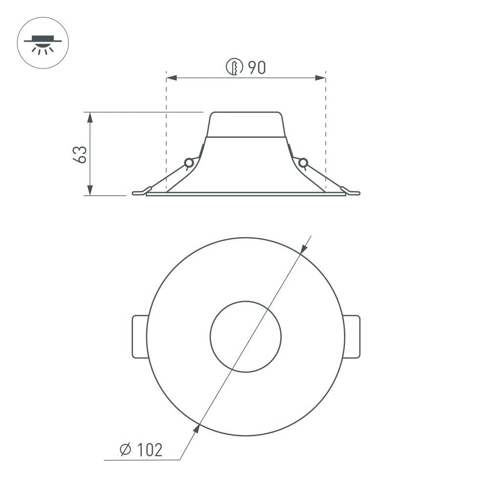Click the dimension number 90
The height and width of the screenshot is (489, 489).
[x=257, y=68]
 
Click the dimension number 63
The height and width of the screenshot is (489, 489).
[x=82, y=154]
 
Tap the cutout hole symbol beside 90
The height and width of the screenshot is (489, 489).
[x=235, y=67]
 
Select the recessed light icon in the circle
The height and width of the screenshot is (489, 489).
[x=43, y=43]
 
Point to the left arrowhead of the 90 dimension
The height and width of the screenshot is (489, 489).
[x=172, y=78]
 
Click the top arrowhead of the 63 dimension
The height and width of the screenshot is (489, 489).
[x=89, y=116]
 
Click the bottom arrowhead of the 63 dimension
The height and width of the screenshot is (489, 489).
[x=89, y=191]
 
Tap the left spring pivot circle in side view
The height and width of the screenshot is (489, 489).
[x=188, y=163]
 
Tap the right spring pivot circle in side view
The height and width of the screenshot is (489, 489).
[x=303, y=162]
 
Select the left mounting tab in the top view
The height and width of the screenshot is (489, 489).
[x=139, y=336]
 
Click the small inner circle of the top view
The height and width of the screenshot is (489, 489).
[x=245, y=336]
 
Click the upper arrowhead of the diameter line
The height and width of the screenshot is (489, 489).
[x=304, y=248]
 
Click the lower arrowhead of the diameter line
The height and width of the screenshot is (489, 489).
[x=197, y=429]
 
